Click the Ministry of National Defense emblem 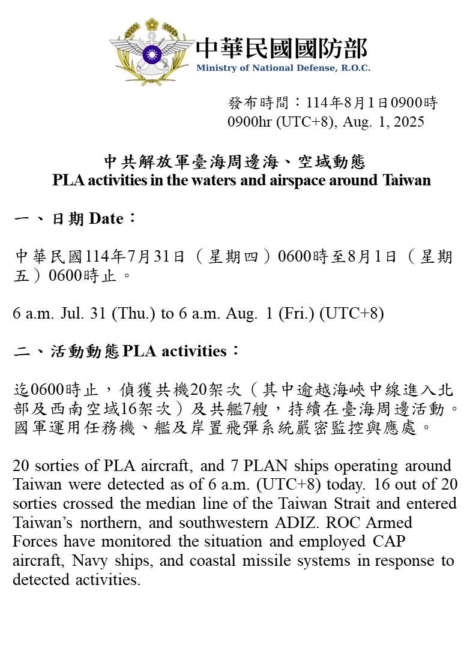tap(151, 51)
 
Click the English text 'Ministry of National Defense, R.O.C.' tap(283, 68)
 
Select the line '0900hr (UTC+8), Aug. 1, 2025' tap(325, 122)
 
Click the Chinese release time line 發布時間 tap(333, 103)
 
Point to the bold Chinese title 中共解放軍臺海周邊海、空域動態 tap(235, 162)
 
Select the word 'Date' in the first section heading tap(106, 218)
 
